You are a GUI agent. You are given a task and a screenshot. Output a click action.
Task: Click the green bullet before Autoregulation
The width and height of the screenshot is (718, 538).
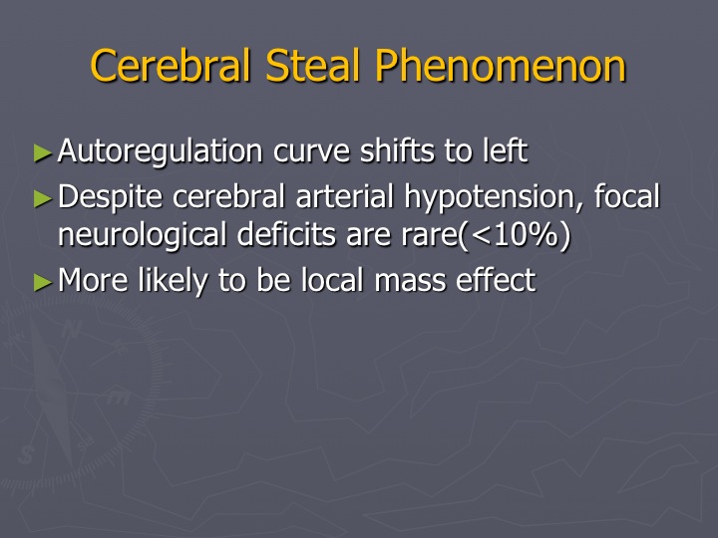pos(43,152)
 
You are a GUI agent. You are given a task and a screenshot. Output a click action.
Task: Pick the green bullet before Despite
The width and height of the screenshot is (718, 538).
pos(43,198)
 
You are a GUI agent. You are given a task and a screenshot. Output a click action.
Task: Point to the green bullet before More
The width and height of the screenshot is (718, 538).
pos(43,282)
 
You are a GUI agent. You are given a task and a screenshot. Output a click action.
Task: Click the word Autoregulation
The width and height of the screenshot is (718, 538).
pos(161,151)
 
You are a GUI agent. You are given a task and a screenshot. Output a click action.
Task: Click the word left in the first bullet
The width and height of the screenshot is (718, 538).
pos(505,150)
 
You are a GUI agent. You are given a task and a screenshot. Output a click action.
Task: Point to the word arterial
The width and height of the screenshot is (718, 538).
pos(345,196)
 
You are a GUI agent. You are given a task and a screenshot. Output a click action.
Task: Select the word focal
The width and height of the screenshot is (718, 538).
pos(627,196)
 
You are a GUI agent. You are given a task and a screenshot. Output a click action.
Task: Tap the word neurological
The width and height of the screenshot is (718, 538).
pos(143,235)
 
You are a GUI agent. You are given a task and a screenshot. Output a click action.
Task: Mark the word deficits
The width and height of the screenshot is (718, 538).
pos(287,234)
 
